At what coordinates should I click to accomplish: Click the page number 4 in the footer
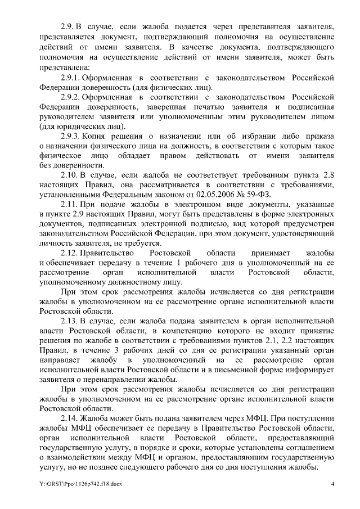332,485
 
